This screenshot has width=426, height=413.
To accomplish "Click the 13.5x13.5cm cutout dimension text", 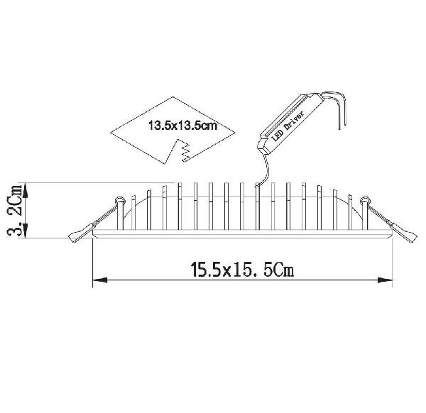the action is [182, 126].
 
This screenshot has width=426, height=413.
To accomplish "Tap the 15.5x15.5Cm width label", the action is [242, 270].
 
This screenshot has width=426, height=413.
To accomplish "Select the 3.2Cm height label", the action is [15, 211].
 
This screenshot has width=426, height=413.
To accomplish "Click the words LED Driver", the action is [288, 126].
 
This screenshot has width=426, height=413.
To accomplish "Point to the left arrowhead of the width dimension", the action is [99, 280].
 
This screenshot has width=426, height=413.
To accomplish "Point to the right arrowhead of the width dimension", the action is [386, 280].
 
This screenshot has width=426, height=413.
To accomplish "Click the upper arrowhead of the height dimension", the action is [26, 189].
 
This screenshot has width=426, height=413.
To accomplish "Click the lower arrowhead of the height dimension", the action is [26, 231].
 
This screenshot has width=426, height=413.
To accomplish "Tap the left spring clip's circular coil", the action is [119, 201].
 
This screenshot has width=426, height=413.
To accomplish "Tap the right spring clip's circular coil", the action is [365, 201].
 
